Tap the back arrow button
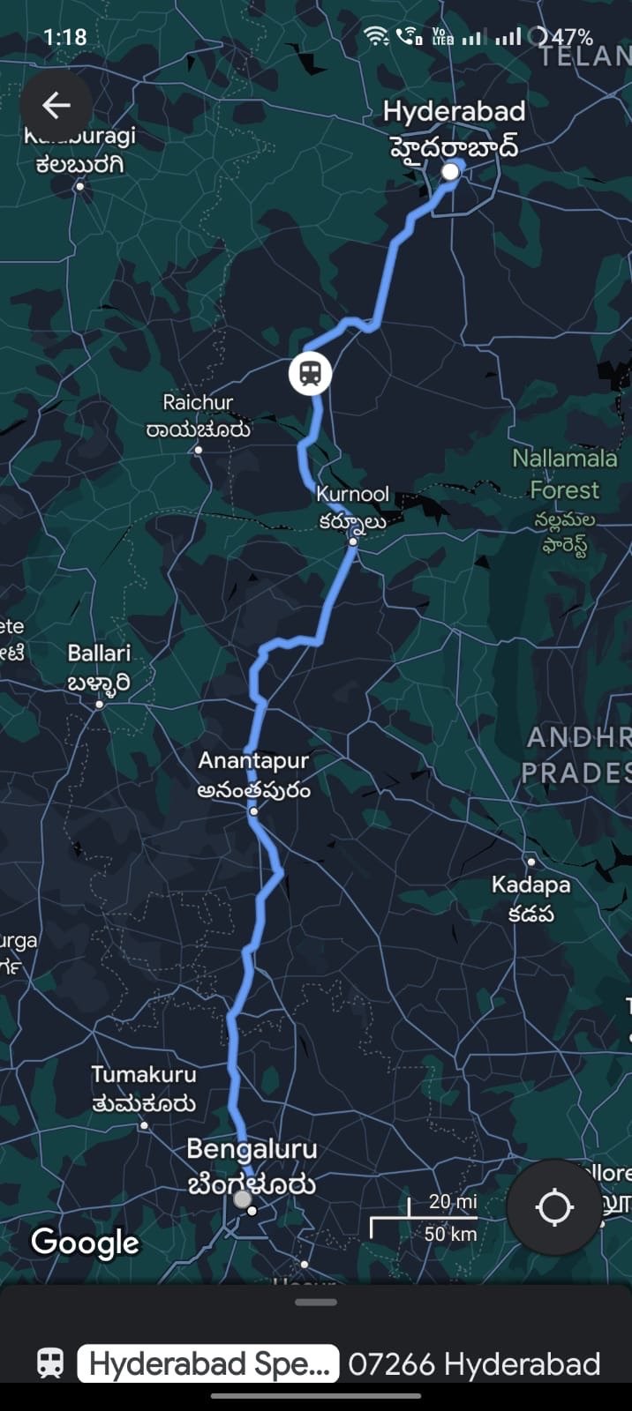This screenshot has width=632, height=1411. pos(56,106)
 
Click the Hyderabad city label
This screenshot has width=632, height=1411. pos(454,112)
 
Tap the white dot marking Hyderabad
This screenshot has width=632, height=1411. pos(450,171)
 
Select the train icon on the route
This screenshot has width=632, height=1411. pos(310,373)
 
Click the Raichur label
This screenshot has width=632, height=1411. pos(198,403)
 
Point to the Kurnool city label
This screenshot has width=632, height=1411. pos(352,495)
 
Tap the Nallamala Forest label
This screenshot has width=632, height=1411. pos(565,474)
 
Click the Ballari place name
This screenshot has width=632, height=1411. pos(99,653)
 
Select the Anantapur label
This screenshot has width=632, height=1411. pos(253,760)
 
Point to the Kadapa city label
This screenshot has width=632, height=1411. pos(530,885)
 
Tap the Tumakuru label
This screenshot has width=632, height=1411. pos(144,1074)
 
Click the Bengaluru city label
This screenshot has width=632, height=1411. pos(252,1149)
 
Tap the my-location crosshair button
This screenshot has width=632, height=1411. pos(554,1207)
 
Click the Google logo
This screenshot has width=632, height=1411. pos(86,1242)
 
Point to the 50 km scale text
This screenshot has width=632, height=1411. pos(450,1234)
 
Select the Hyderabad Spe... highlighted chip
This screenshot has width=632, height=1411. pos(208,1363)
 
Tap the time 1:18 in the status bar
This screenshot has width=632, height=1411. pos(64,37)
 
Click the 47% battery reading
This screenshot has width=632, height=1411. pos(571,37)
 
